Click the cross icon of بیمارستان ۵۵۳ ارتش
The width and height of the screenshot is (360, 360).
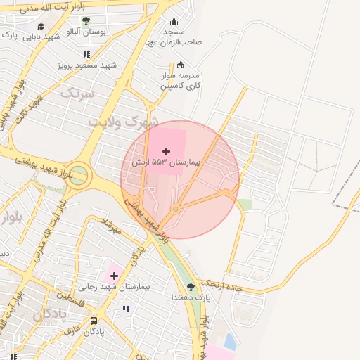[x=167, y=151]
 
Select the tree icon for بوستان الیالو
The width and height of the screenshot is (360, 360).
[x=86, y=21]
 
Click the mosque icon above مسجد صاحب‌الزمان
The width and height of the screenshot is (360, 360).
[x=174, y=22]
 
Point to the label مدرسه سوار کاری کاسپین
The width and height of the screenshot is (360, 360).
[x=180, y=79]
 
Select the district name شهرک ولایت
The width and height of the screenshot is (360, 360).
[x=124, y=122]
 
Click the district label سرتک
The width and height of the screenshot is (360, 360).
[x=77, y=92]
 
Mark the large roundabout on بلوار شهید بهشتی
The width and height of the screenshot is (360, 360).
[x=79, y=174]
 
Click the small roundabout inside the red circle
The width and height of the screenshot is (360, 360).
[x=176, y=209]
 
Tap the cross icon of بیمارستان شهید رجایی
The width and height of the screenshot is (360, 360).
[x=114, y=276]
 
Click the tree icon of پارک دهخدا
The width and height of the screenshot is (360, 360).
[x=190, y=286]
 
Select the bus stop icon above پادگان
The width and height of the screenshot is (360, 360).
[x=94, y=321]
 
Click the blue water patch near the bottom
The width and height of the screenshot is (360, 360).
[x=230, y=342]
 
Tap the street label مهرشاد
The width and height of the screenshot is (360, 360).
[x=112, y=226]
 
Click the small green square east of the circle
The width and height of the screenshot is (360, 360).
[x=245, y=205]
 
